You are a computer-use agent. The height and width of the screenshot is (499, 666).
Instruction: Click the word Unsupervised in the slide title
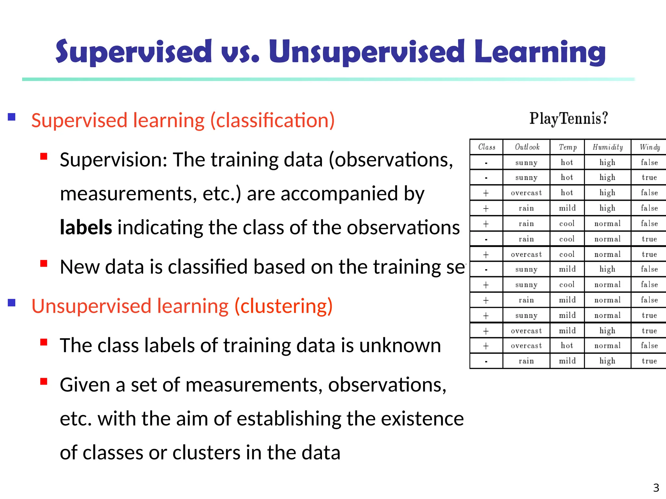coord(367,52)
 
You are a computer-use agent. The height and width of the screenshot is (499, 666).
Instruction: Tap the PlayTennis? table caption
coord(568,119)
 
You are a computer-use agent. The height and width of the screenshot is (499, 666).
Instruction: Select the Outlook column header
coord(527,147)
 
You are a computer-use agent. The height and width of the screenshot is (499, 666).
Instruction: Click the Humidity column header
coord(607,147)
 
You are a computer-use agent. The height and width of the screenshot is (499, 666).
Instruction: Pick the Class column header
coord(486,147)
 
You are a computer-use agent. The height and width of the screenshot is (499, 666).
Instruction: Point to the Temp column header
coord(567,147)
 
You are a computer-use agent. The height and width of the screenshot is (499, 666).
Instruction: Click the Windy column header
coord(649,147)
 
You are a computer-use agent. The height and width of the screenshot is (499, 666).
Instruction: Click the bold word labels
coord(86,227)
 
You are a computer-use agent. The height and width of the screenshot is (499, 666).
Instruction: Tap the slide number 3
coord(656,488)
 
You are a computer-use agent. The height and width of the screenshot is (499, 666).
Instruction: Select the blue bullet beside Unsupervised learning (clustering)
coord(12,303)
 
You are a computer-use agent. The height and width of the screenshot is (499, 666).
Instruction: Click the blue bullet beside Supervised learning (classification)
coord(12,117)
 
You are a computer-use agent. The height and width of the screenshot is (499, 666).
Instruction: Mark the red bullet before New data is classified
coord(44,263)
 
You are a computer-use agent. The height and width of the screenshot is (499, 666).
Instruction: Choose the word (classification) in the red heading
coord(273,121)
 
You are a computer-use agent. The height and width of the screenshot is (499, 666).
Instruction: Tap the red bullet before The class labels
coord(44,342)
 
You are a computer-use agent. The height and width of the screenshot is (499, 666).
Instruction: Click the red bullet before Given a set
coord(44,381)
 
